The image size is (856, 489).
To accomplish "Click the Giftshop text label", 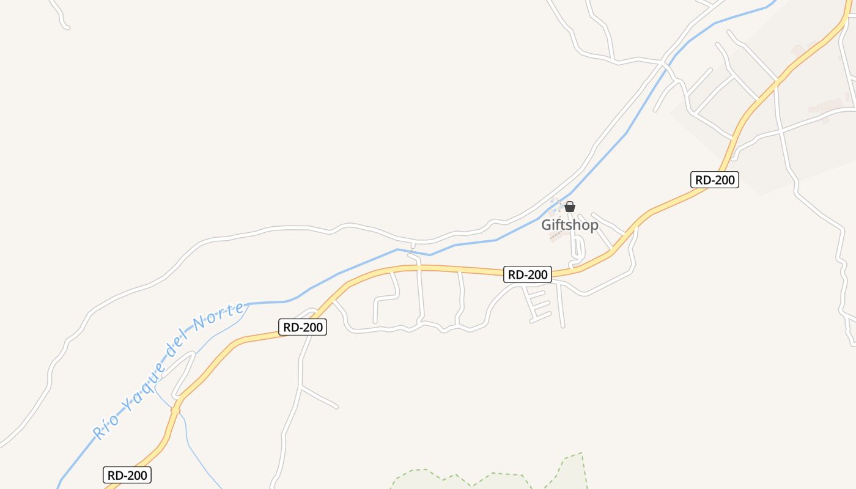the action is (x=569, y=225).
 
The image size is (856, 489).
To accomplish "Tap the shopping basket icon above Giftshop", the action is (x=570, y=207).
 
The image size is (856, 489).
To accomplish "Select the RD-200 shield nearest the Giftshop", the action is (x=527, y=274).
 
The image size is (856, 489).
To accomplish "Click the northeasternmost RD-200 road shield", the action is (x=715, y=180).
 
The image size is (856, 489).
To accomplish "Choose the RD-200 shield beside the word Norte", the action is (x=303, y=327).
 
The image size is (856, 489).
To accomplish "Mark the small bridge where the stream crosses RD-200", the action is (x=175, y=410).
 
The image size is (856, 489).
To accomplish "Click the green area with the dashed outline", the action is (x=489, y=480).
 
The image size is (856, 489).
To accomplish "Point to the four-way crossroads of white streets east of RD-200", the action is (x=780, y=130).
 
